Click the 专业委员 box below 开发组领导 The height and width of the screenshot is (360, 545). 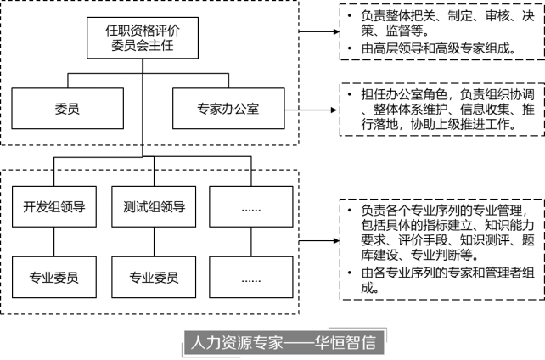[x=55, y=276]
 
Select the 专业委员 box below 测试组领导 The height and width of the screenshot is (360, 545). [x=154, y=276]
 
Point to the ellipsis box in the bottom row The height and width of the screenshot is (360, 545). [x=251, y=276]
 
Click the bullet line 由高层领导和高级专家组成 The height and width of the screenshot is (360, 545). [x=435, y=48]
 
